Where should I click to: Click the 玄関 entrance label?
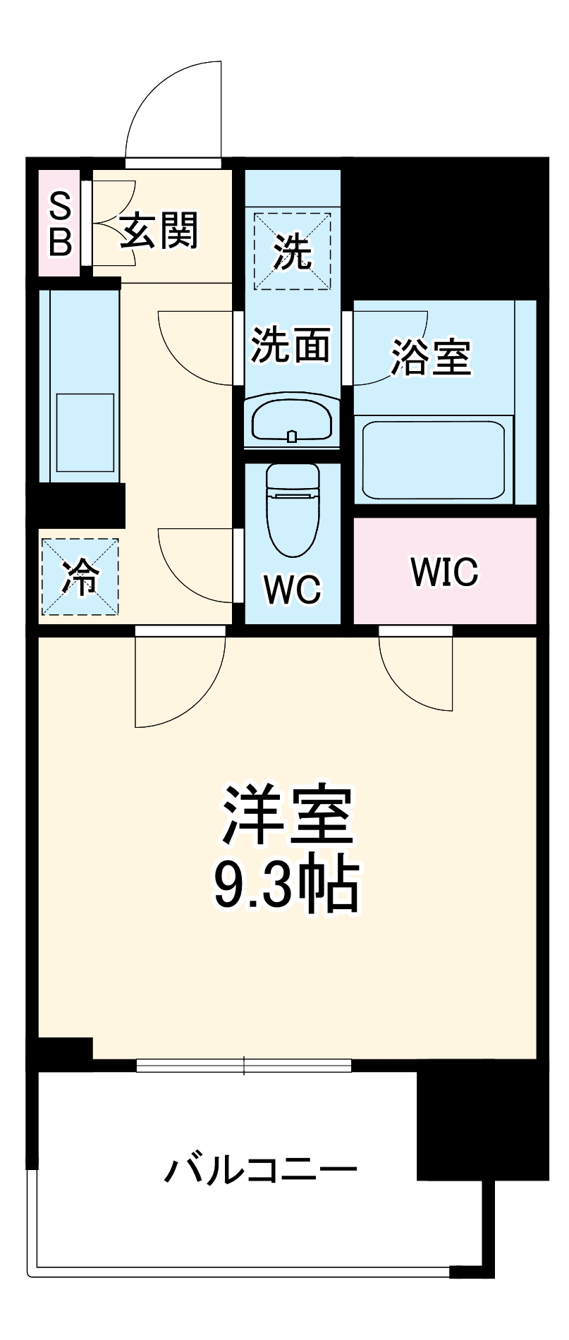[159, 231]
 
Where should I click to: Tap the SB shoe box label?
[61, 224]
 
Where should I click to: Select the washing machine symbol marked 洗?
[292, 251]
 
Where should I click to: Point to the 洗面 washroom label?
[292, 345]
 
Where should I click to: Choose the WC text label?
[292, 588]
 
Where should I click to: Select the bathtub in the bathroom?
[434, 458]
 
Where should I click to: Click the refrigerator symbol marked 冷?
[79, 576]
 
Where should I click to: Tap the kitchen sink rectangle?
[85, 432]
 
